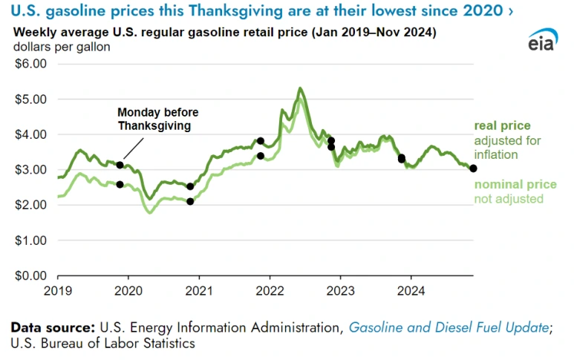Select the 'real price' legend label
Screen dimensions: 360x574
tap(503, 125)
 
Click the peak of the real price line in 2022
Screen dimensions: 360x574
tap(300, 88)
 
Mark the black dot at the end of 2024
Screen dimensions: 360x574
tap(474, 168)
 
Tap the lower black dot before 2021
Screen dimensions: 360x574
tap(190, 201)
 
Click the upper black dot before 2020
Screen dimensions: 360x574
tap(120, 165)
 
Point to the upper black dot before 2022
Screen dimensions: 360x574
tap(261, 140)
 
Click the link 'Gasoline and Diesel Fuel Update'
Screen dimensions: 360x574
tap(449, 327)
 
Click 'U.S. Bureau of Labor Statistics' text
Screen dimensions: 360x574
tap(103, 343)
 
